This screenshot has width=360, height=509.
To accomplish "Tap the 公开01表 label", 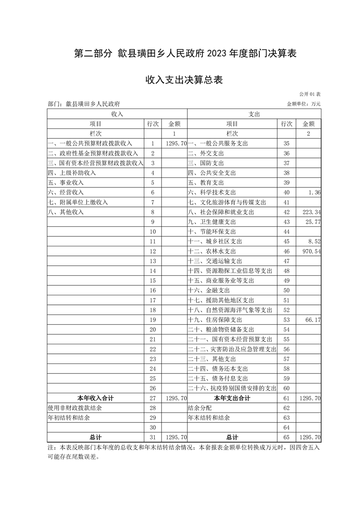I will (310, 94).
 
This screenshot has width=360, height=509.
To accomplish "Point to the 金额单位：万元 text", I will (304, 104).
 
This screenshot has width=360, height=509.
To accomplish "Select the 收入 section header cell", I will (117, 114).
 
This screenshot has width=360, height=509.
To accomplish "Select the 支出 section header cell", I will (254, 114).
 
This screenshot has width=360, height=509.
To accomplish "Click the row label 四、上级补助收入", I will (72, 173).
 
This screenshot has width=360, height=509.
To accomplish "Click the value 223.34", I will (311, 212).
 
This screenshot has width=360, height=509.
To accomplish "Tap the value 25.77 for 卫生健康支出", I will (312, 222).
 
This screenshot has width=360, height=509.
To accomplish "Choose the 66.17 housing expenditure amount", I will (313, 320).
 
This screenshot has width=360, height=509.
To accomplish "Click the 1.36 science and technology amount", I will (314, 192).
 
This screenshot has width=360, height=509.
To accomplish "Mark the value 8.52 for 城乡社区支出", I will (314, 241).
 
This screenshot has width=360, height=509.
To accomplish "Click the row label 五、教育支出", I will (205, 182).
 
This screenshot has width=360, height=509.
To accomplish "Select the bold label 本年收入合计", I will (95, 398).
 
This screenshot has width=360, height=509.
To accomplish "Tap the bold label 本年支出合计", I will (232, 398).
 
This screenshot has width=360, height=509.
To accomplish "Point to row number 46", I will (286, 251).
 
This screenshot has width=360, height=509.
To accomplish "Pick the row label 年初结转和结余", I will (69, 417).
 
